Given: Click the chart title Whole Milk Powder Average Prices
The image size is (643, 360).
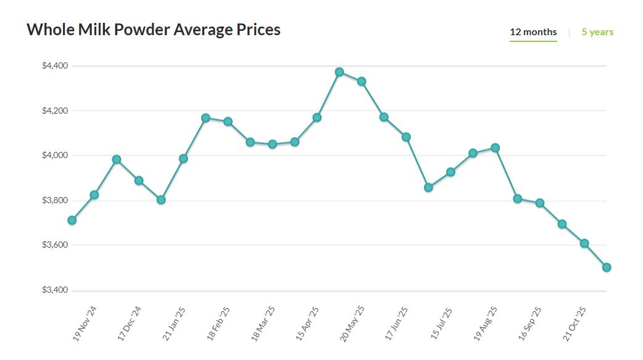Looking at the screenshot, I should click(x=153, y=29).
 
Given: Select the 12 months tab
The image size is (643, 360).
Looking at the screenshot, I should click(x=533, y=32).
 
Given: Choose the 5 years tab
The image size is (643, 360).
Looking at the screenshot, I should click(x=597, y=32).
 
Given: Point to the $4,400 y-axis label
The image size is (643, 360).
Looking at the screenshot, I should click(x=55, y=65).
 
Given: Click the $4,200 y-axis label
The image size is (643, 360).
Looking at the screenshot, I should click(x=55, y=111).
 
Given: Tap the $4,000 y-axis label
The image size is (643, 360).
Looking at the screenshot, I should click(x=55, y=156).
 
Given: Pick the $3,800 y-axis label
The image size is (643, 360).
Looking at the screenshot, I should click(x=55, y=201).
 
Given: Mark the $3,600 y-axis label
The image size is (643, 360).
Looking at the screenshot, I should click(x=55, y=245).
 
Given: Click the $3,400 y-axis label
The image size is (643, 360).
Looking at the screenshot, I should click(x=55, y=290).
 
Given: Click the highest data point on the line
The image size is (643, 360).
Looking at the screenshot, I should click(x=339, y=72).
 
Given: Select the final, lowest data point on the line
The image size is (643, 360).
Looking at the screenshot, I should click(x=607, y=267).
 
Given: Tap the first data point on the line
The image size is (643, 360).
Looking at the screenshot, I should click(x=72, y=220).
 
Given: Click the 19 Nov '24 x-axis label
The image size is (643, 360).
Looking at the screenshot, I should click(x=85, y=324).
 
